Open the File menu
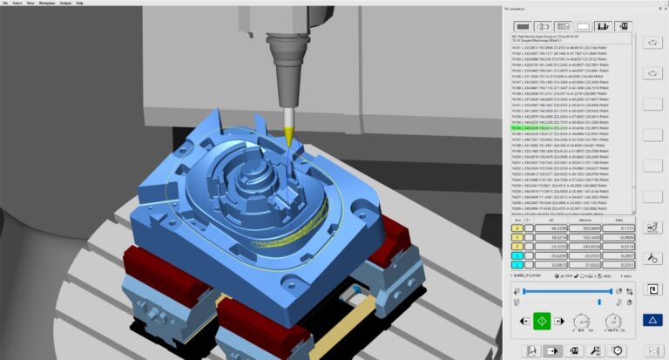coord(6,3)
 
